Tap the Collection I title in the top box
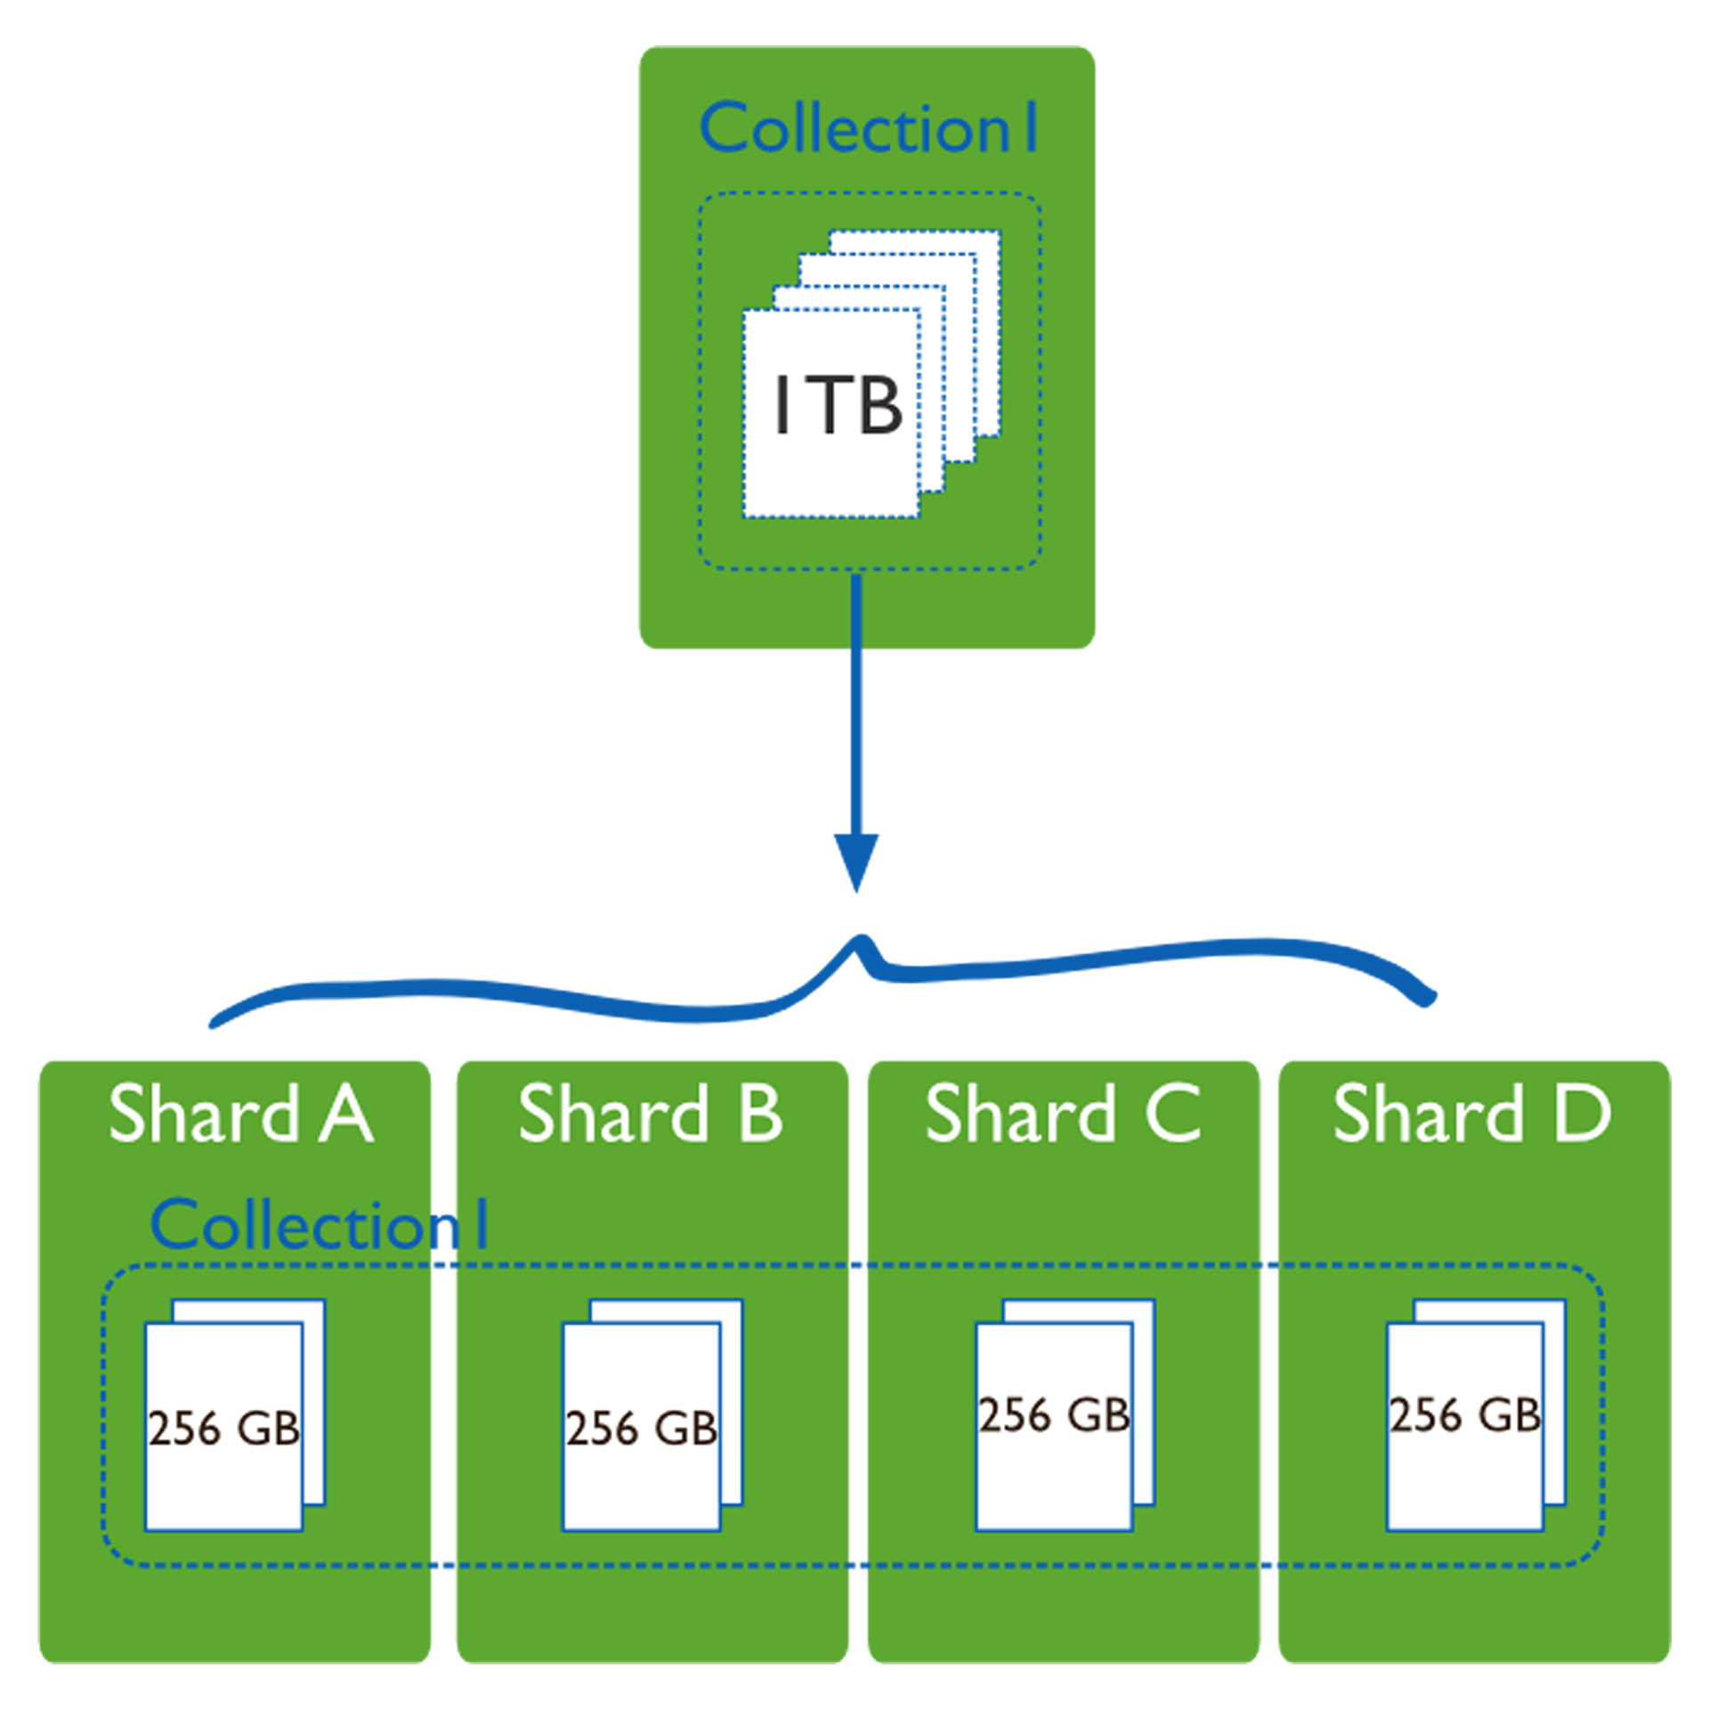868,127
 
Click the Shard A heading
240,1113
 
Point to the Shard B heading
650,1113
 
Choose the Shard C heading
1063,1113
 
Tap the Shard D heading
1472,1113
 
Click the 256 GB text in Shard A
224,1429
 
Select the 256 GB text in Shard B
642,1429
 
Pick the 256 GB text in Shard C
1055,1415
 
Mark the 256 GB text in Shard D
1465,1415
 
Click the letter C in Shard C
1174,1113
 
